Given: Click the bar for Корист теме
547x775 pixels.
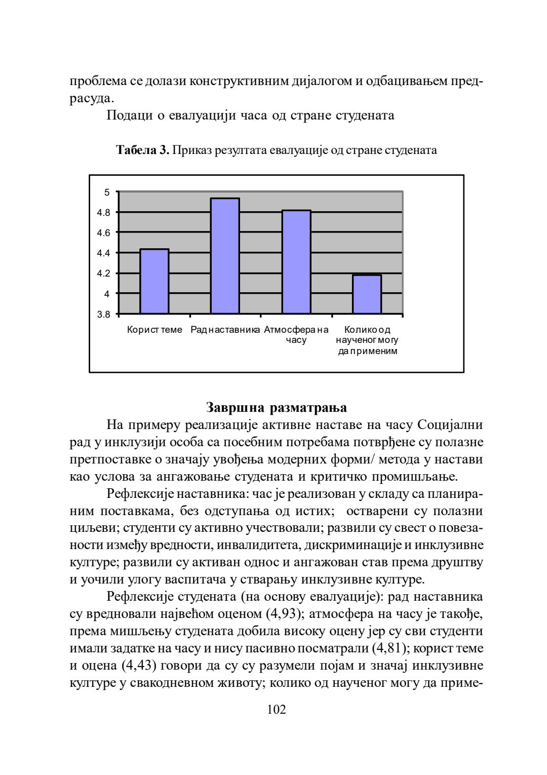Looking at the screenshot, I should [154, 281].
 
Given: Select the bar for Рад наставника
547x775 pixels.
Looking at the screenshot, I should [225, 256].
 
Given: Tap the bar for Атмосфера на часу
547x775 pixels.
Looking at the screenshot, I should [296, 262].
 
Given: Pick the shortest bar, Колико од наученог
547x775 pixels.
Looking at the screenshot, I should [367, 294].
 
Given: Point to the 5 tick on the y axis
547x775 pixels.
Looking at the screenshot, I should [107, 192].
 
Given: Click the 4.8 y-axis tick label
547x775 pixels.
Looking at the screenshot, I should [103, 213].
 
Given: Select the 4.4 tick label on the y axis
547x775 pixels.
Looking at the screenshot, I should [103, 253].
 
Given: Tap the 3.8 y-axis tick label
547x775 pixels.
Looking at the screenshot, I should [103, 315].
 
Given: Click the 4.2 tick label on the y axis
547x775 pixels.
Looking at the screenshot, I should [103, 274].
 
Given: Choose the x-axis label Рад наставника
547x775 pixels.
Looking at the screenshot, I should [225, 330].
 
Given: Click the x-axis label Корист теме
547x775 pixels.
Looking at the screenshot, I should [154, 330].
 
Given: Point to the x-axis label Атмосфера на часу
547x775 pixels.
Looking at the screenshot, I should [296, 335].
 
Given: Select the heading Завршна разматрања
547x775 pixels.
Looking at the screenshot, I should [277, 408].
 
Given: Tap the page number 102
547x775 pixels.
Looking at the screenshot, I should [277, 710].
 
